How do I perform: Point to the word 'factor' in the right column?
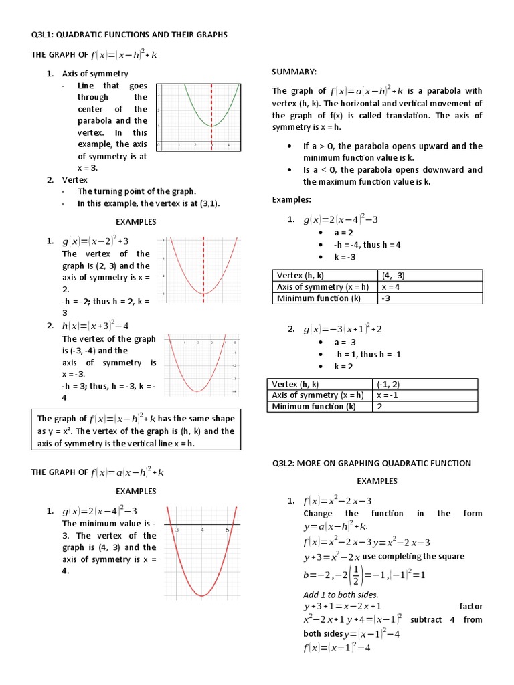(471, 606)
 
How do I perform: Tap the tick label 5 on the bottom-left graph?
(228, 530)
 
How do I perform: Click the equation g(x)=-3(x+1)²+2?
(342, 329)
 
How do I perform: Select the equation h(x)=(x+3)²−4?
(96, 326)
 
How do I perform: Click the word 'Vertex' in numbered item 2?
(76, 179)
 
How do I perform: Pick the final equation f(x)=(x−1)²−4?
(337, 648)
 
